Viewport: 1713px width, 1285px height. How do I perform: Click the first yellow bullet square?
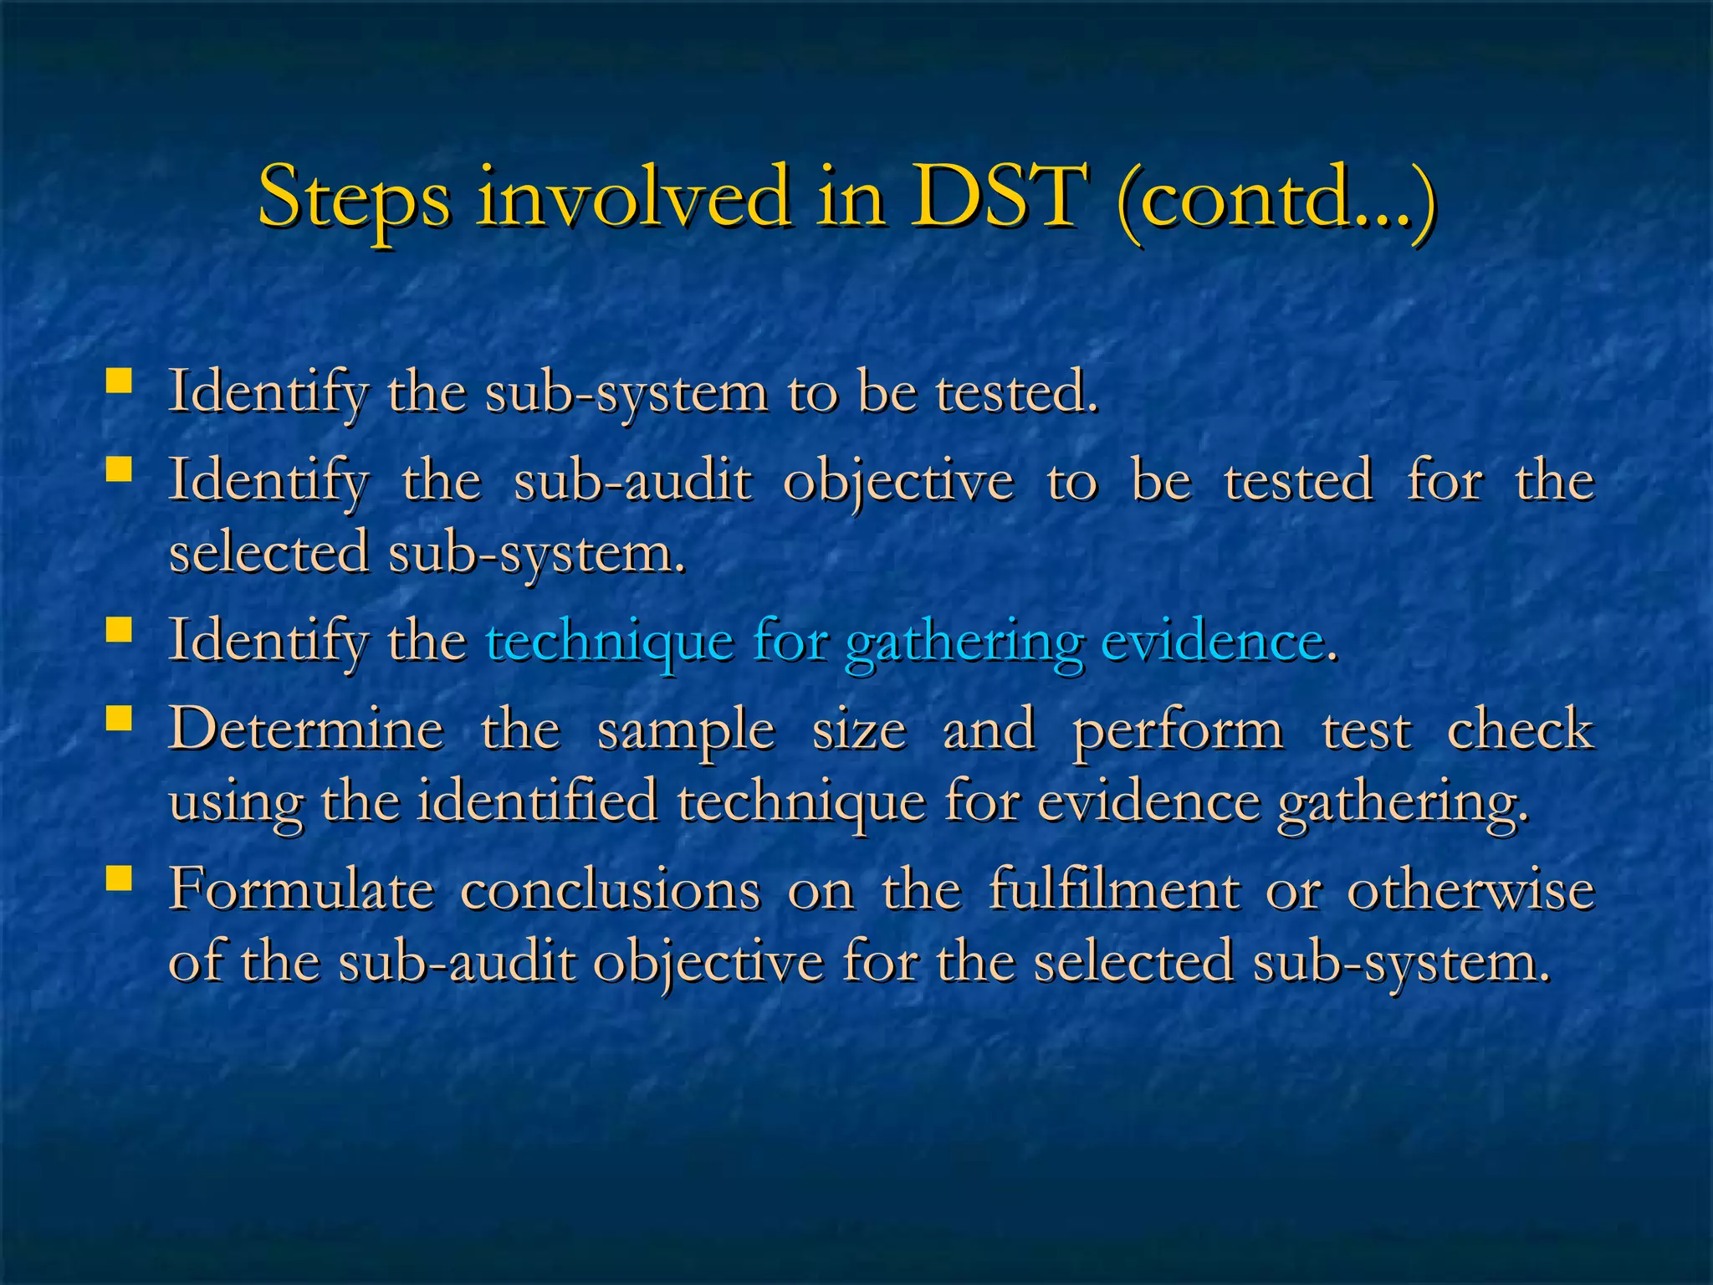[x=119, y=382]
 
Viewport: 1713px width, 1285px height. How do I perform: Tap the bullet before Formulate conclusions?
[x=119, y=878]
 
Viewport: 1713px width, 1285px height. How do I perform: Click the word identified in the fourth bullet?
[x=537, y=801]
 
